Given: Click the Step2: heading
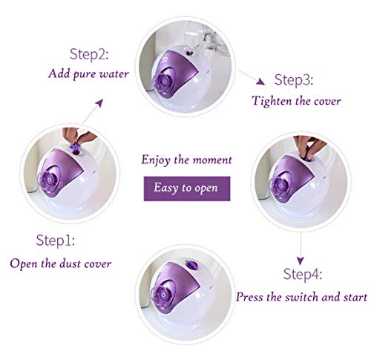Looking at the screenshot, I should (88, 54).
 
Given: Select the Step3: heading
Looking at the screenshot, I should (295, 80).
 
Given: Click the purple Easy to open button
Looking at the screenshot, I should (185, 188).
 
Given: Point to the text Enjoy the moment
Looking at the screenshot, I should (187, 160).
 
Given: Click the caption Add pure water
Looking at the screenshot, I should (88, 73).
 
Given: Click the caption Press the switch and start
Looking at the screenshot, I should (301, 296).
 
